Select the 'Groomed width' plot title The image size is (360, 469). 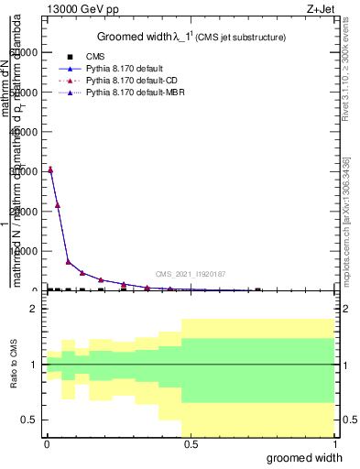[x=191, y=37]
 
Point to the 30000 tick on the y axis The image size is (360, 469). [x=27, y=171]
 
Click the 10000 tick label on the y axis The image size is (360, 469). [x=27, y=250]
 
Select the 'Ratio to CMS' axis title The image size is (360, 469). [x=13, y=365]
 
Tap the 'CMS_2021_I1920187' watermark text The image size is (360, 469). [x=191, y=274]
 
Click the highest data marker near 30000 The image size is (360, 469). [x=50, y=169]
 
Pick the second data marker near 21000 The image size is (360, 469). [x=58, y=205]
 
